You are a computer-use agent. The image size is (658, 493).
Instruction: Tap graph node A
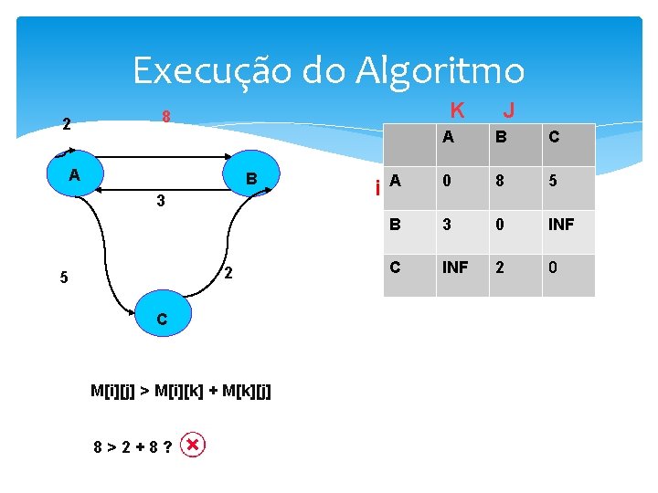tap(73, 173)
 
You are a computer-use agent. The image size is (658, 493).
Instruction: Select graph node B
tap(255, 176)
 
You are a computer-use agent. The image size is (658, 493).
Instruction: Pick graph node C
tap(161, 319)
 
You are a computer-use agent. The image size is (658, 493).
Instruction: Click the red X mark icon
tap(194, 446)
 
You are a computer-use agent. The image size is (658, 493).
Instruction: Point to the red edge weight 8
tap(166, 118)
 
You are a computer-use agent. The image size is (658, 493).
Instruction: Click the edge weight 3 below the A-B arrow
tap(160, 201)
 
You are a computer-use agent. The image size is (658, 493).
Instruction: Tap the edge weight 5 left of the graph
tap(63, 278)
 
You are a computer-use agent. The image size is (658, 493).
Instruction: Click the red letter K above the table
tap(458, 110)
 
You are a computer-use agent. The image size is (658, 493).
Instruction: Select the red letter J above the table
tap(509, 110)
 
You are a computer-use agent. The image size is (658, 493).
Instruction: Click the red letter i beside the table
tap(377, 189)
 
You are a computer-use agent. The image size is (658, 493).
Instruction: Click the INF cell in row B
tap(561, 224)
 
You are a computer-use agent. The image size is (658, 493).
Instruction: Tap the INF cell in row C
tap(456, 268)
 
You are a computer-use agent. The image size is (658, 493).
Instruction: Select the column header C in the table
tap(555, 138)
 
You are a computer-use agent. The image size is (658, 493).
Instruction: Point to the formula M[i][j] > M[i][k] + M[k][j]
tap(181, 391)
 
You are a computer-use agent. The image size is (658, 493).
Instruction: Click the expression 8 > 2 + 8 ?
tap(134, 447)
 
